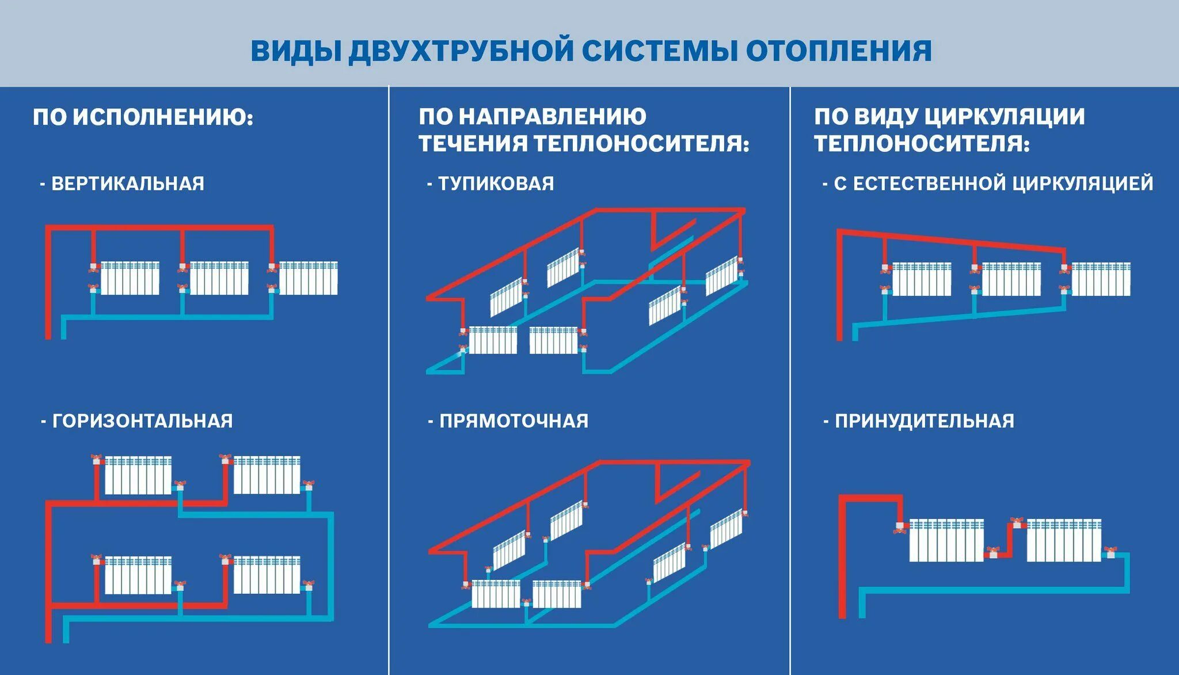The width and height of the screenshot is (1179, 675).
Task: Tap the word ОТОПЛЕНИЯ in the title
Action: click(x=839, y=51)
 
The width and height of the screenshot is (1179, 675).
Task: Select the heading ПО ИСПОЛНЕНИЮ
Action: click(x=143, y=117)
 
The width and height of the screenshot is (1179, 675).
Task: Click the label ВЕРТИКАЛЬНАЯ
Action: click(x=128, y=184)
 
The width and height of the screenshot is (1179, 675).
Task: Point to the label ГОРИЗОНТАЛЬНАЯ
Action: click(x=142, y=421)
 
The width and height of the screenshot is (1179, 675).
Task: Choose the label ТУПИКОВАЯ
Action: click(x=496, y=184)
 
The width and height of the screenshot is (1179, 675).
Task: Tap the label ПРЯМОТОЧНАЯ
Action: click(x=514, y=421)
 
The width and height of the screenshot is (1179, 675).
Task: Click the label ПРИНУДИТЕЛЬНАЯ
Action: click(x=924, y=421)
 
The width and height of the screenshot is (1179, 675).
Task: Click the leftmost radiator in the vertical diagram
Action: click(x=130, y=278)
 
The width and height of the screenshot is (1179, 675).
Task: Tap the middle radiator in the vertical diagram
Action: click(x=219, y=278)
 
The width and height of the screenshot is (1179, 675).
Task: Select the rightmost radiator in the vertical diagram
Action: click(x=309, y=278)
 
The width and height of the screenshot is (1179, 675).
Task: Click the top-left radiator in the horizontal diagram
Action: click(x=138, y=475)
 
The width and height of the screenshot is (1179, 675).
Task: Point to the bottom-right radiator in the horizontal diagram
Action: click(x=267, y=575)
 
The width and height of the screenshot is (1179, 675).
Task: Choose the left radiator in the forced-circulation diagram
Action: click(x=946, y=540)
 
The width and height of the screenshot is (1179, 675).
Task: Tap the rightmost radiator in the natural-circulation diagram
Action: click(x=1101, y=279)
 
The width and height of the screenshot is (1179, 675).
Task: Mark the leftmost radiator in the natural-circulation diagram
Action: click(x=921, y=279)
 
